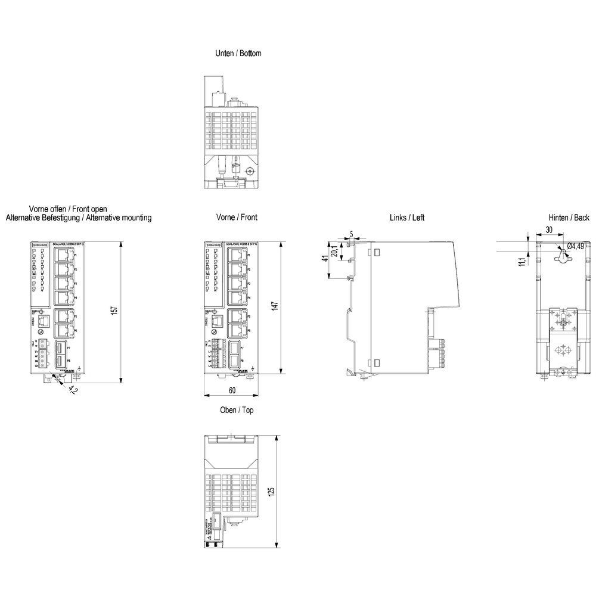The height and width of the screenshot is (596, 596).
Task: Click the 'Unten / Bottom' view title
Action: [238, 53]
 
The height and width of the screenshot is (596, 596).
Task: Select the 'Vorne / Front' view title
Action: [237, 218]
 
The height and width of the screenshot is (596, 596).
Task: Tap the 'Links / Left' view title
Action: [406, 218]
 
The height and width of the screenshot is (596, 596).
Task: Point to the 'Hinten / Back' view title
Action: [569, 218]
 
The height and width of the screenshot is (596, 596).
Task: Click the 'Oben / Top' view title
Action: [237, 410]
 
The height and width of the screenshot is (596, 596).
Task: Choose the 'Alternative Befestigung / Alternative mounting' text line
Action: [79, 218]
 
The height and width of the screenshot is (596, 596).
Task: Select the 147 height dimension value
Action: [273, 308]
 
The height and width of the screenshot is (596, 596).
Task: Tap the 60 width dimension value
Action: [232, 390]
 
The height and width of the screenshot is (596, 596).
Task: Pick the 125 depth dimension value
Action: [272, 491]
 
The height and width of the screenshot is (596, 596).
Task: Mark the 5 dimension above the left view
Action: [352, 235]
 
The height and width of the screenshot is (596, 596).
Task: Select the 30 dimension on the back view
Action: [548, 229]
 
